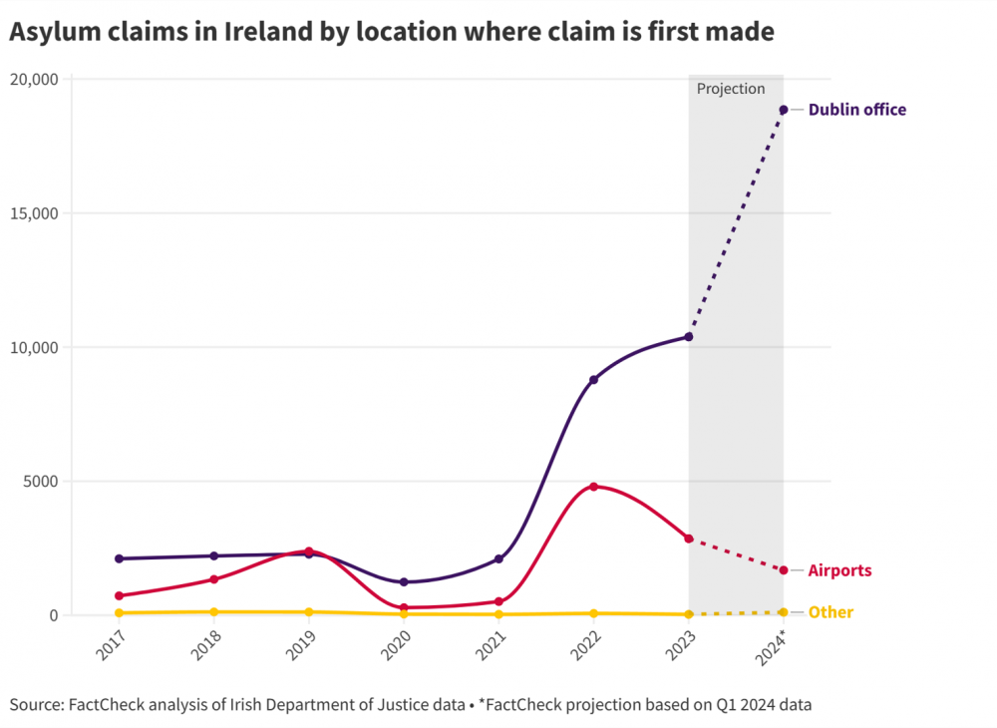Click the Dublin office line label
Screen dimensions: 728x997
point(856,110)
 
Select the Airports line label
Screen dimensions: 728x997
point(839,570)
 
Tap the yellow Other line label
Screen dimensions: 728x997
point(830,612)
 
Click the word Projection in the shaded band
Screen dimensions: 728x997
point(731,89)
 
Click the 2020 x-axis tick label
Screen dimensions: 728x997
point(397,646)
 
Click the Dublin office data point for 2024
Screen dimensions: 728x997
point(784,110)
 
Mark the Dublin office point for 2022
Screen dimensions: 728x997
point(593,380)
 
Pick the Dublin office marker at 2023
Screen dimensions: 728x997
point(689,337)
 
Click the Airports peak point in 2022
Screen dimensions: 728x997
point(593,487)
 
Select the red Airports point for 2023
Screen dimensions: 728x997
point(689,539)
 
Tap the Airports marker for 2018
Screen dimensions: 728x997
point(213,579)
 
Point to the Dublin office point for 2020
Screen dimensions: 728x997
point(404,582)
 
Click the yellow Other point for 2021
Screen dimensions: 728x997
point(498,614)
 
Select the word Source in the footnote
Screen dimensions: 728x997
point(34,705)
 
